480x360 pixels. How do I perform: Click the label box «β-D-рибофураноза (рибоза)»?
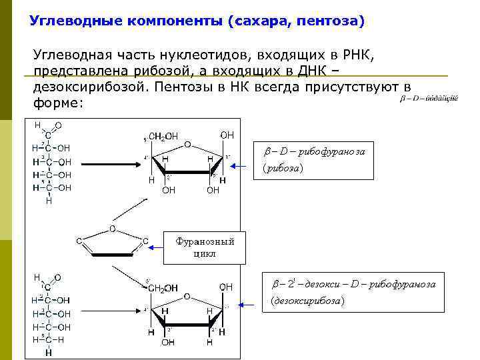[x=313, y=160]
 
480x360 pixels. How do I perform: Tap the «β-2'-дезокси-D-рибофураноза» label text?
[x=354, y=285]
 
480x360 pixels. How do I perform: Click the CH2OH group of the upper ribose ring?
[x=163, y=137]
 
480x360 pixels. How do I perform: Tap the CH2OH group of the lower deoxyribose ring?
[x=163, y=288]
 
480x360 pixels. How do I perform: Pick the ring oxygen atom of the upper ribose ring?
[x=187, y=144]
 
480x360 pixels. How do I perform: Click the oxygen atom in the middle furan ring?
[x=112, y=229]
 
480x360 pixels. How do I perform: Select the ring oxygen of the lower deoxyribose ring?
[x=187, y=296]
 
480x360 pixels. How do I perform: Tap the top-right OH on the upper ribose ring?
[x=227, y=135]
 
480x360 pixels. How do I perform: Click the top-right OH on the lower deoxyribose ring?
[x=227, y=287]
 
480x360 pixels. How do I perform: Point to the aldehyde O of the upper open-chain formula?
[x=59, y=125]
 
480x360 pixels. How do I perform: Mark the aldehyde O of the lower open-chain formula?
[x=59, y=277]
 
